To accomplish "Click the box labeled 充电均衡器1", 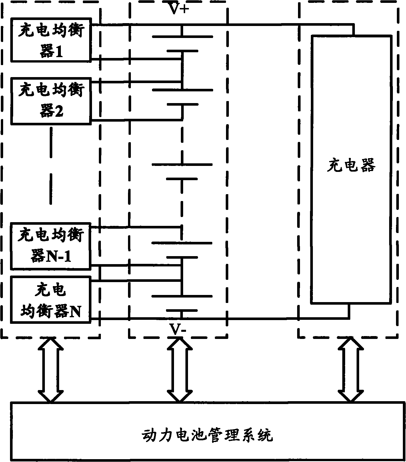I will tap(51, 40).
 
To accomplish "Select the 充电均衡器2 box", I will tap(51, 101).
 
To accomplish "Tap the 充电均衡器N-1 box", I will tap(51, 246).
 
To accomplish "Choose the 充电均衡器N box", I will tap(51, 300).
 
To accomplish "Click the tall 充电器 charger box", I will tap(351, 168).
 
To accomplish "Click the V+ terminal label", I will tap(179, 9).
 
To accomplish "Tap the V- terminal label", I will tap(178, 330).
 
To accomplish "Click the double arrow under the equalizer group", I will tap(51, 370).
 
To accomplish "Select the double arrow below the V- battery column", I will tap(179, 370).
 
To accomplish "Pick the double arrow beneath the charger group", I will tap(350, 370).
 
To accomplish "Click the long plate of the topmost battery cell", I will tap(182, 37).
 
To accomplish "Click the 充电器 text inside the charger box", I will tap(351, 166).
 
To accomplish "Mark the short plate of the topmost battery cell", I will tap(182, 51).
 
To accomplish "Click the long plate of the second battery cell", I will tap(182, 90).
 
